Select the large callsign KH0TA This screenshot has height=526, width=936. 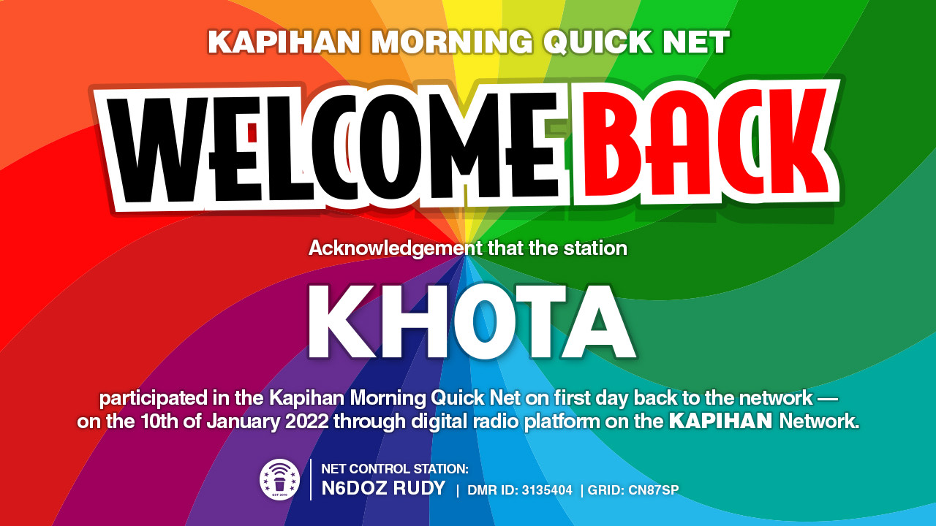click(x=472, y=322)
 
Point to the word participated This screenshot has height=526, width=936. click(x=153, y=398)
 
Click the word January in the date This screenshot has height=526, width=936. click(x=243, y=422)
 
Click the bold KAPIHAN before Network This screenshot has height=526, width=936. click(x=720, y=422)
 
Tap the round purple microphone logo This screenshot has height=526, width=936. click(x=279, y=480)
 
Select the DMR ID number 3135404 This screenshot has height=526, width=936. click(x=547, y=490)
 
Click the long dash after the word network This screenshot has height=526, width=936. click(x=828, y=399)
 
